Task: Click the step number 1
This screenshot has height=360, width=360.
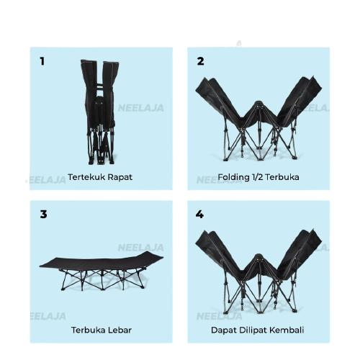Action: pos(42,61)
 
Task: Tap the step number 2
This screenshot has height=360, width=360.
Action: pos(200,61)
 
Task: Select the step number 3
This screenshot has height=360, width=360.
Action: pos(43,214)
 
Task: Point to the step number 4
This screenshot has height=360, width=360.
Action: pos(199,214)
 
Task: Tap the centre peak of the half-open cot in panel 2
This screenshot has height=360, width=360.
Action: pos(258,104)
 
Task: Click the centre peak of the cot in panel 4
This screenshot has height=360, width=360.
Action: pos(258,257)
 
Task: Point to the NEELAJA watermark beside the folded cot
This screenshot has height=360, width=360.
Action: pos(141,108)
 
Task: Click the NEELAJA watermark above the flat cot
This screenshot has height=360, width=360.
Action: pos(141,248)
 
